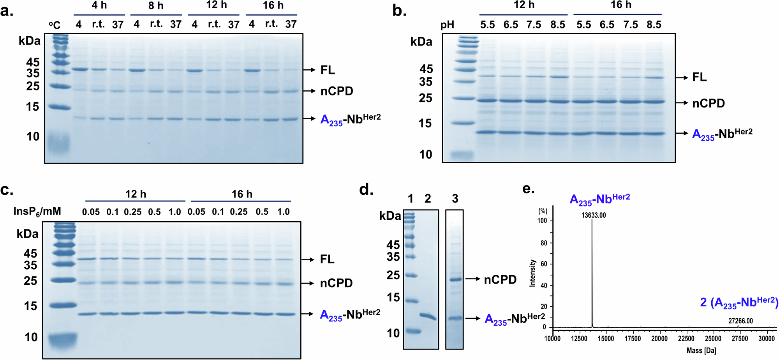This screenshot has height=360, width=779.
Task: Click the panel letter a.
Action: pos(7,11)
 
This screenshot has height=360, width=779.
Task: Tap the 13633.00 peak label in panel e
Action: pos(594,215)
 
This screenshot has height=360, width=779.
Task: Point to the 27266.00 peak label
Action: pos(740,321)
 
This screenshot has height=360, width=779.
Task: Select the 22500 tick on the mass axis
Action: pos(686,339)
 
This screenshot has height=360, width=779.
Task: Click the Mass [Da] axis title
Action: pos(701,351)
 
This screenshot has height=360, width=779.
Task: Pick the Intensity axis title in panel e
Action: pos(532,273)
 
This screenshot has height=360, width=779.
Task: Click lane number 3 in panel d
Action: pos(455,199)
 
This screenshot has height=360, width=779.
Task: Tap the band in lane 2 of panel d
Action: pos(428,316)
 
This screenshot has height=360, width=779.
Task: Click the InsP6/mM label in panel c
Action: pos(37,212)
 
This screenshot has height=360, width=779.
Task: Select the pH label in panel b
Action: pos(447,25)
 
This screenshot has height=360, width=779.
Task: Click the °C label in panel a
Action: pos(55,25)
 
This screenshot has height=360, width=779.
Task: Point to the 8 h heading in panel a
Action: pos(156,6)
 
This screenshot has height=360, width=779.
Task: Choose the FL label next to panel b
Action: pos(699,77)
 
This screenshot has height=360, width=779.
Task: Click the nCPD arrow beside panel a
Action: pos(310,91)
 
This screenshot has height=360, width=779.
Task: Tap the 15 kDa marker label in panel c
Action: pos(31,306)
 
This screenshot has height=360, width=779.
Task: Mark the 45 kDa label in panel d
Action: pos(393,245)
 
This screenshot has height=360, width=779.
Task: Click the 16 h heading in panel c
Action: pos(242,194)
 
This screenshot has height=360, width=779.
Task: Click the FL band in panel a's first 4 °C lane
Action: pos(80,69)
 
